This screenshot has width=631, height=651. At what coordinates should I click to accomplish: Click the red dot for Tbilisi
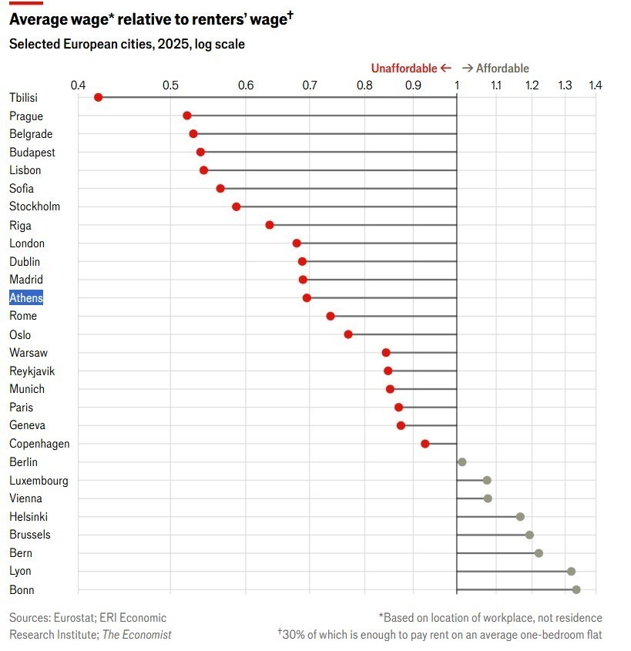tap(98, 97)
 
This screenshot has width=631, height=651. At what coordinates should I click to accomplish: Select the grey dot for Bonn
tap(576, 590)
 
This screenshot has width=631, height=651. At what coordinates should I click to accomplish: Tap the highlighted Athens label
tap(26, 298)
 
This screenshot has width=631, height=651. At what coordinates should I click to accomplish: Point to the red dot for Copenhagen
tap(425, 444)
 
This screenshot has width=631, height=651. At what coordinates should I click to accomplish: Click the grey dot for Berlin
tap(462, 462)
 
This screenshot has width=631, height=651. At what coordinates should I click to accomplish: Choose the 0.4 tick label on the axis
tap(78, 84)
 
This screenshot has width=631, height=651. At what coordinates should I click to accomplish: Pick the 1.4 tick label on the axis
tap(594, 84)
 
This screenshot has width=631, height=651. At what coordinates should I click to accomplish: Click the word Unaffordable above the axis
tap(404, 69)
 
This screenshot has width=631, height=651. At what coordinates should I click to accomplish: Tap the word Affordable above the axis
tap(502, 69)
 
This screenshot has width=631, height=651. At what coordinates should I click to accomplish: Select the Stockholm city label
tap(35, 206)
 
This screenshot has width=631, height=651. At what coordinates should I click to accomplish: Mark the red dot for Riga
tap(270, 225)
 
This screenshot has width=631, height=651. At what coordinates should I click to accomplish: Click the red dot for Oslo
tap(348, 334)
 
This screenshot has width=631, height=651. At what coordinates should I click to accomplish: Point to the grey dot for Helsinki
tap(520, 517)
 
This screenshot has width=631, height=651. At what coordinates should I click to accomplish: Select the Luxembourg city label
tap(39, 481)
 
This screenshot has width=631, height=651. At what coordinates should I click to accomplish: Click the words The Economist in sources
tap(137, 635)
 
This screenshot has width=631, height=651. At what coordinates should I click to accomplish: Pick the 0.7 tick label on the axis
tap(310, 84)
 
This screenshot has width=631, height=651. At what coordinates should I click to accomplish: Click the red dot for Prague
tap(187, 116)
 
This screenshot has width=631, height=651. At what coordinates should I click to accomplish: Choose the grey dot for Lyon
tap(571, 572)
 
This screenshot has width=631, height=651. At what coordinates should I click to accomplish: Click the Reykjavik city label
tap(32, 371)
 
